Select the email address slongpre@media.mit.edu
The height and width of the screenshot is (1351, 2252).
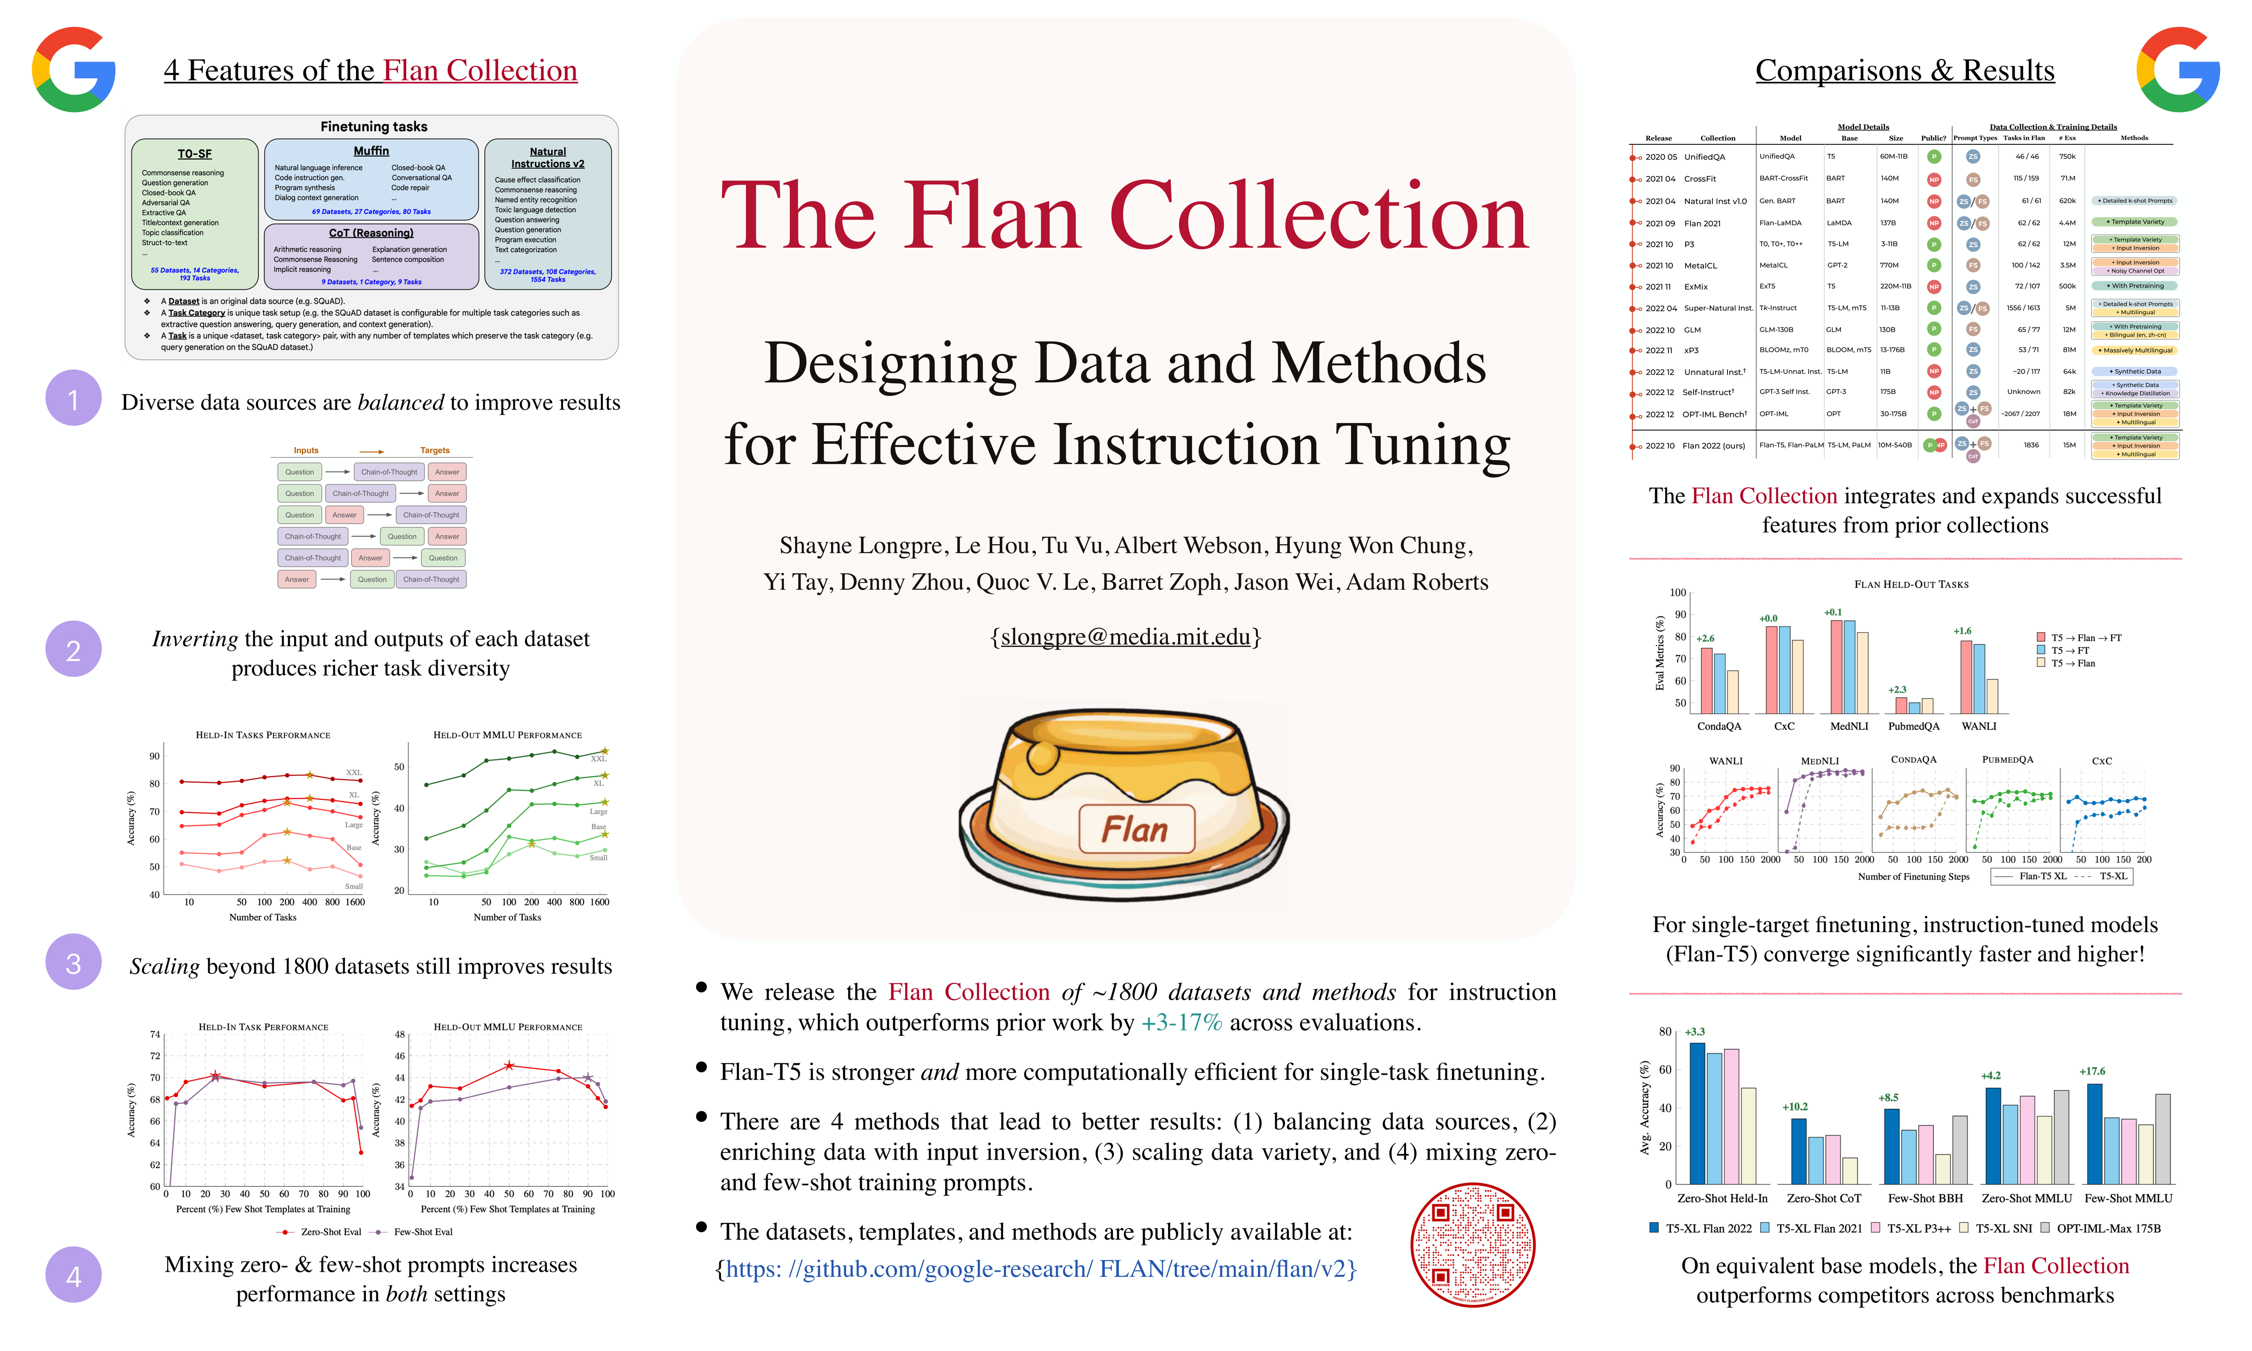pyautogui.click(x=1125, y=637)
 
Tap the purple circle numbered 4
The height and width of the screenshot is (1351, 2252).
pyautogui.click(x=73, y=1275)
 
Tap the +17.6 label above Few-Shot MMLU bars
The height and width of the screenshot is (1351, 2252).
pyautogui.click(x=2092, y=1071)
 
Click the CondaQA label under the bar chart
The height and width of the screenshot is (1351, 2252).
pyautogui.click(x=1719, y=727)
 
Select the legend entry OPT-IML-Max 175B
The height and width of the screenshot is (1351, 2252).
pyautogui.click(x=2107, y=1228)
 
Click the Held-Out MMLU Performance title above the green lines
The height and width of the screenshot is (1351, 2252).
pyautogui.click(x=507, y=735)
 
